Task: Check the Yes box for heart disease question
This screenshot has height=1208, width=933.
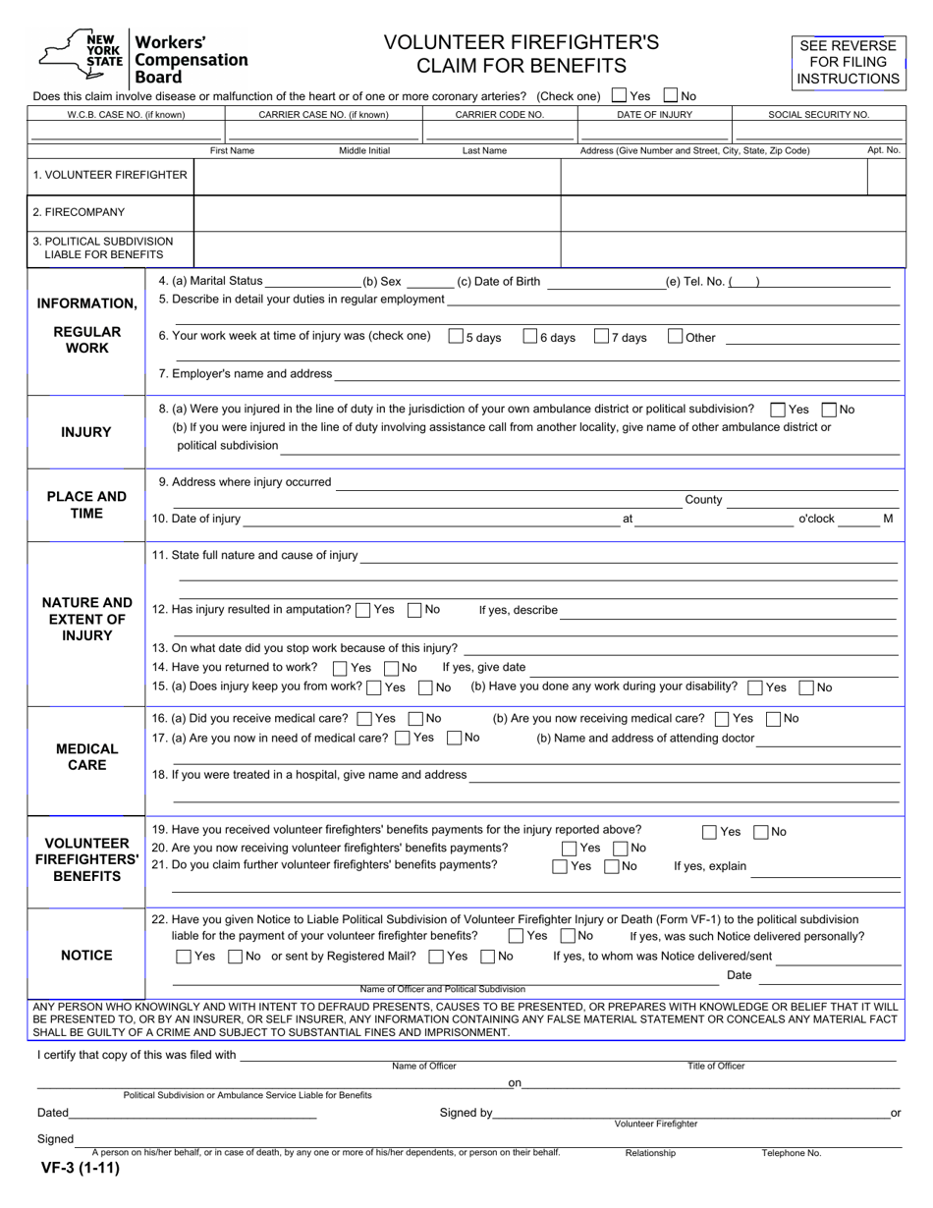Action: click(x=619, y=96)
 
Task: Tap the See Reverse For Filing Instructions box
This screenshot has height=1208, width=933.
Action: click(x=849, y=62)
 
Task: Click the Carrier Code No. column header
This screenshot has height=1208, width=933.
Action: click(x=499, y=115)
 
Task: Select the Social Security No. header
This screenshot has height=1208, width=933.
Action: click(x=818, y=115)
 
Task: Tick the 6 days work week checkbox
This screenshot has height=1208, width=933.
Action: click(x=530, y=337)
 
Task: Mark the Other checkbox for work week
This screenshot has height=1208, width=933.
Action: click(x=675, y=337)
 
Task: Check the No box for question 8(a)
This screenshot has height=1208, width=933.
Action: click(x=829, y=410)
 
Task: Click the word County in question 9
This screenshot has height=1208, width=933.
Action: click(x=703, y=500)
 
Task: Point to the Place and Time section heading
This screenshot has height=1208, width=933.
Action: click(x=86, y=505)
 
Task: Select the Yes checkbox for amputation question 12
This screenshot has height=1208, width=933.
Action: click(x=362, y=610)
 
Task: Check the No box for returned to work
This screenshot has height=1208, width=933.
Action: click(x=392, y=668)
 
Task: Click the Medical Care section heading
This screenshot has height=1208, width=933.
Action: click(x=86, y=757)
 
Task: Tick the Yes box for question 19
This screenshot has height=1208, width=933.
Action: click(x=709, y=832)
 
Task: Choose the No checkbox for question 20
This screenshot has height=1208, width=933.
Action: click(x=620, y=849)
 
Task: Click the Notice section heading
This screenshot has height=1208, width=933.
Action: click(x=86, y=956)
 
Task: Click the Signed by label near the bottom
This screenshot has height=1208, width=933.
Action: click(x=466, y=1113)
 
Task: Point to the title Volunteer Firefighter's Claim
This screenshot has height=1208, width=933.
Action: click(x=521, y=54)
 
